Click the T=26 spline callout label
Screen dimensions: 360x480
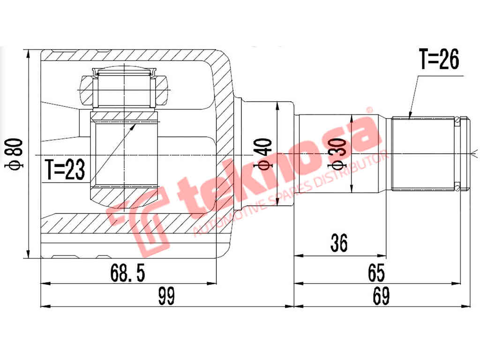tap(439, 60)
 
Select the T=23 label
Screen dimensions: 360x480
tap(65, 169)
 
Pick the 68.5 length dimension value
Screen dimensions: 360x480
tap(128, 273)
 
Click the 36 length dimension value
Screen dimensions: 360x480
tap(339, 243)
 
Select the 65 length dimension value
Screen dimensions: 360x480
tap(376, 272)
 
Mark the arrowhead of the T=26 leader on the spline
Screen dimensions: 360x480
tap(409, 117)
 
